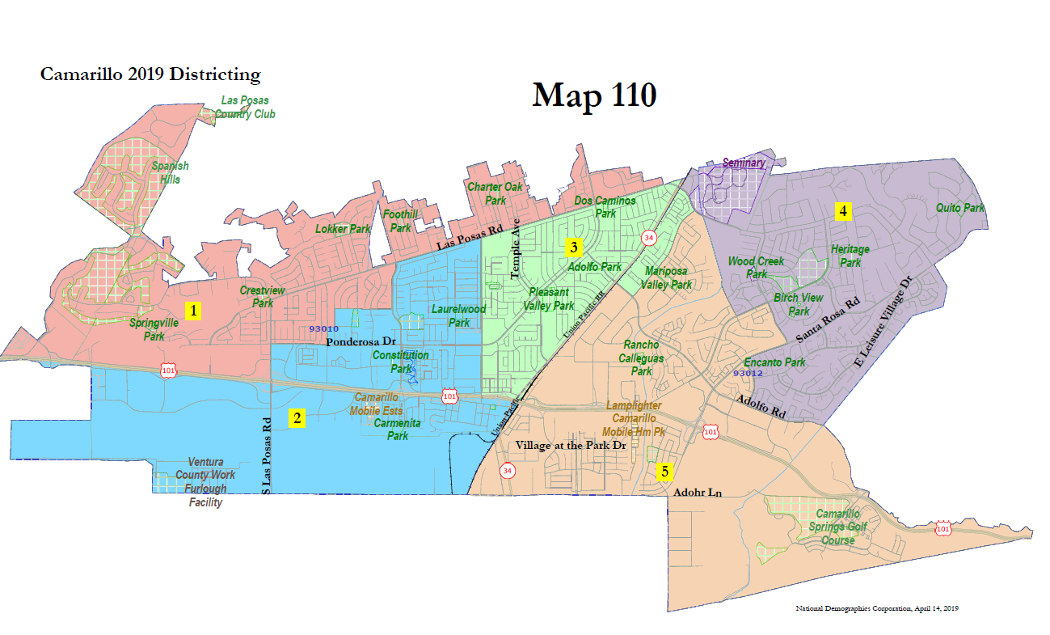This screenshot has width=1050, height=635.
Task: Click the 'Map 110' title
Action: [x=593, y=95]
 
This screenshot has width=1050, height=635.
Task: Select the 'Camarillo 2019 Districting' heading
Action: [x=150, y=75]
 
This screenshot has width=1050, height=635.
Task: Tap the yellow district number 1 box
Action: [x=192, y=310]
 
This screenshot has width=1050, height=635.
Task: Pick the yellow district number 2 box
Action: [x=297, y=418]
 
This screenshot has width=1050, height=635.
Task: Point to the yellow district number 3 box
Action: [x=573, y=246]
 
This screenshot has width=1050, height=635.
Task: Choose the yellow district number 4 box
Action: [x=843, y=211]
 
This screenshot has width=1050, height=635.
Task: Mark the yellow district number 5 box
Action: [x=664, y=471]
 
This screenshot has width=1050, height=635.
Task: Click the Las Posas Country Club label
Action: [x=245, y=108]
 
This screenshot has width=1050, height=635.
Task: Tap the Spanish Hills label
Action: [x=171, y=172]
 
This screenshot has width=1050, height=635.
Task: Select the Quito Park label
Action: [x=960, y=208]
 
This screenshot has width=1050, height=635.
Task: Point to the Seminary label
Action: [x=743, y=163]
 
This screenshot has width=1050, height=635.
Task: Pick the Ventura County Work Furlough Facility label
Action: [x=206, y=482]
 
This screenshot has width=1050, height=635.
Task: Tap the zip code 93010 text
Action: [x=323, y=328]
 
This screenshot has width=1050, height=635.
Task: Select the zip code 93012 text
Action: [x=748, y=374]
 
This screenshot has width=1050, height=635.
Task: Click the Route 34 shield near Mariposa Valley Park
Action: [x=648, y=238]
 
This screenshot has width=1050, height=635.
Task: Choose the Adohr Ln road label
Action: [x=697, y=492]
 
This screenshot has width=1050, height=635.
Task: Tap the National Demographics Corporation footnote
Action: [x=877, y=607]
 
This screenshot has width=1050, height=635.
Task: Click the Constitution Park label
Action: [x=399, y=362]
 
